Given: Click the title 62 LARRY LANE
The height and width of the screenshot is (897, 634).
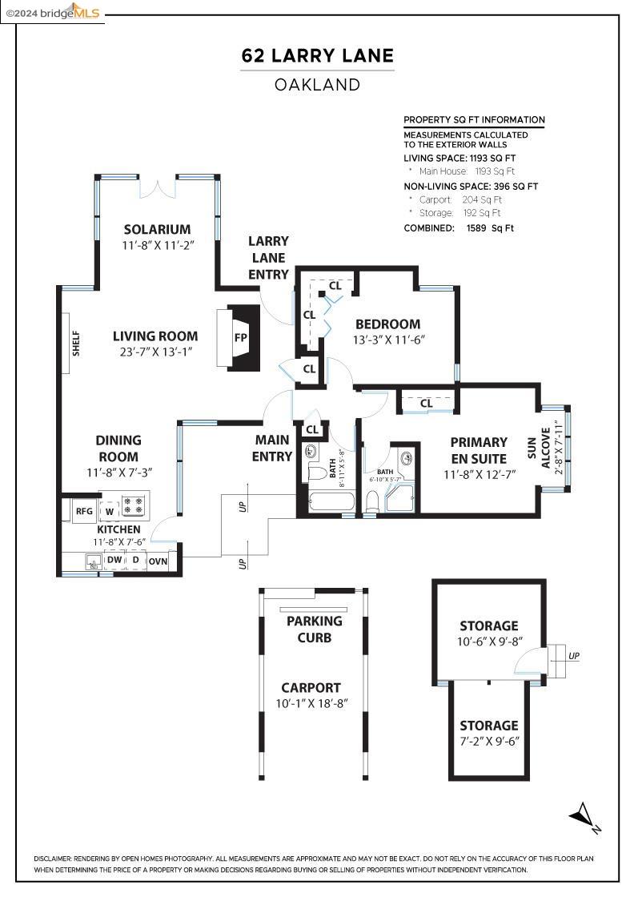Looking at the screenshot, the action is click(317, 55).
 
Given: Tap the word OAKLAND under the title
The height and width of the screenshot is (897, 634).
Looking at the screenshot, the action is click(317, 85).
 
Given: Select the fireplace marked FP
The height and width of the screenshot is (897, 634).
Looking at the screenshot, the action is click(239, 337).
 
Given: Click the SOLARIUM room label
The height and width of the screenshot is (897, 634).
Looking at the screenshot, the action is click(157, 229).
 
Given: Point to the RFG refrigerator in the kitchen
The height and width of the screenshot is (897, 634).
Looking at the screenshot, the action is click(84, 511).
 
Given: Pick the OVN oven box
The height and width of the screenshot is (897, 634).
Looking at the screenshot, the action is click(158, 561).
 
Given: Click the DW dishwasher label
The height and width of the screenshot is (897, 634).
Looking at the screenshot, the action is click(115, 560).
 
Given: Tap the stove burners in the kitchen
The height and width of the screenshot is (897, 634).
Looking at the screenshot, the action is click(134, 505).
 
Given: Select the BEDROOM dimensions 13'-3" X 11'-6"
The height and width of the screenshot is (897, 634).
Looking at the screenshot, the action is click(388, 340).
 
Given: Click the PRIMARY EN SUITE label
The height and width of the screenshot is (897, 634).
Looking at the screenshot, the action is click(479, 450).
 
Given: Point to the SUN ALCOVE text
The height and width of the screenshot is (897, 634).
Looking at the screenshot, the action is click(538, 448).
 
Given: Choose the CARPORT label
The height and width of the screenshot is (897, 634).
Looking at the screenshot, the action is click(311, 688).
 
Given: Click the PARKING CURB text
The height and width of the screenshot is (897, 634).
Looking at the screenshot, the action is click(315, 630).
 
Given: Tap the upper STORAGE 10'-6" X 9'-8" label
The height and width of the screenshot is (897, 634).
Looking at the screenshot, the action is click(489, 634).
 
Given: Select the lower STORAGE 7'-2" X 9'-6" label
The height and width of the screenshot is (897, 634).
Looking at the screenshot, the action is click(489, 733).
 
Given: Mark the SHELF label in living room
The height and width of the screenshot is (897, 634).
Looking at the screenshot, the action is click(76, 344).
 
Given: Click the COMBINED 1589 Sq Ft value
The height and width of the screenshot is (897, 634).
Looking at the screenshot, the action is click(490, 227).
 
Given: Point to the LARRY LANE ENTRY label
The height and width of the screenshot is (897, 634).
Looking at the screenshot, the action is click(268, 258).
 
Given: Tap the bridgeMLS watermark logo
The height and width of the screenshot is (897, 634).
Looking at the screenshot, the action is click(53, 13).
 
